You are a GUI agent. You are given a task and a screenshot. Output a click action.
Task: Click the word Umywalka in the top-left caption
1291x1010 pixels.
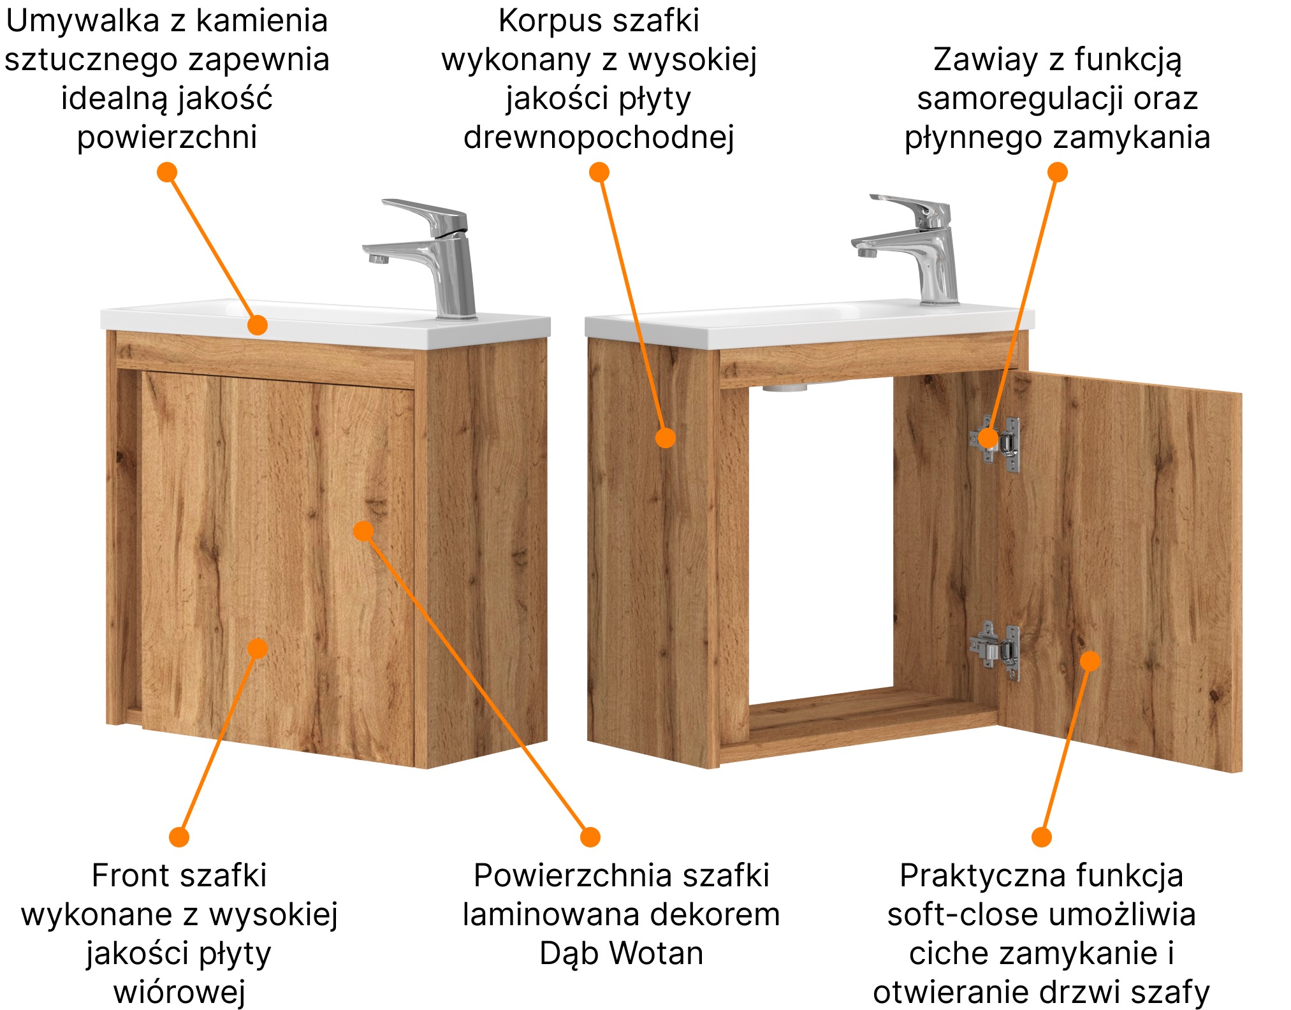point(82,22)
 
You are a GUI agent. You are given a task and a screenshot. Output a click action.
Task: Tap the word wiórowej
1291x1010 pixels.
point(179,993)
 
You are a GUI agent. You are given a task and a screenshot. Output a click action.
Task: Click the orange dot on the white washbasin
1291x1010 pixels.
point(257,325)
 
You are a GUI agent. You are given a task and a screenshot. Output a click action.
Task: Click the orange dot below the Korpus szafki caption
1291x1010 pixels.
point(599,172)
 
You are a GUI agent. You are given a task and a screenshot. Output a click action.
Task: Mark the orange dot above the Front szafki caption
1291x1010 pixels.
point(179,837)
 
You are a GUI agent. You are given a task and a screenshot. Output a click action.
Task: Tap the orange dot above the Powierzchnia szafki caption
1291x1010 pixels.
point(590,837)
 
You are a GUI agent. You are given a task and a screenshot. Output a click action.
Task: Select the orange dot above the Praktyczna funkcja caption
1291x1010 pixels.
point(1041,837)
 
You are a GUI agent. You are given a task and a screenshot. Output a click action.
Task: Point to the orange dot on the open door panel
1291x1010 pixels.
point(1090,661)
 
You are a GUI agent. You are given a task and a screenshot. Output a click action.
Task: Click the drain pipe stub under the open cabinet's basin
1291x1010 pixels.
point(785,387)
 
